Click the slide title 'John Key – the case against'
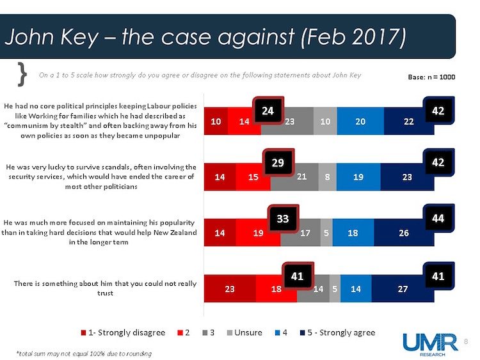coord(205,36)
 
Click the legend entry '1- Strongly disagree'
coord(123,332)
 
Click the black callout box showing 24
coord(269,111)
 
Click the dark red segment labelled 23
coord(229,290)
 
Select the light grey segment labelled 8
coord(327,178)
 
